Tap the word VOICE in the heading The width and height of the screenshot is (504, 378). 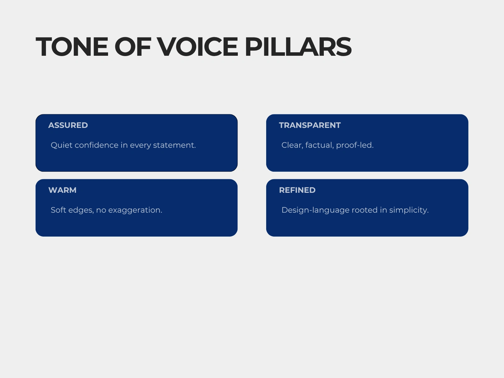(x=198, y=47)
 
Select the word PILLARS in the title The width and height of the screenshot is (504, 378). (x=298, y=47)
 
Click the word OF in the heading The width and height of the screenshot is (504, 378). (x=133, y=47)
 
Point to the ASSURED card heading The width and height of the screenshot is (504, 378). (x=68, y=125)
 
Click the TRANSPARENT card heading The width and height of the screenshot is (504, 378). (x=310, y=125)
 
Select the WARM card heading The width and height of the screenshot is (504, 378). (x=62, y=190)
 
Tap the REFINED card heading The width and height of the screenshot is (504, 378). (x=297, y=190)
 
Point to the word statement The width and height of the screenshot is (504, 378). (x=175, y=145)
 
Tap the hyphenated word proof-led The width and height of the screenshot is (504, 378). (x=355, y=146)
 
